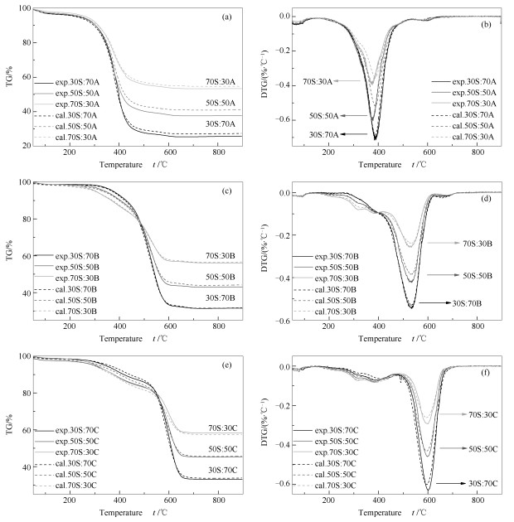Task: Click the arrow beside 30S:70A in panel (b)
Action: [356, 133]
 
